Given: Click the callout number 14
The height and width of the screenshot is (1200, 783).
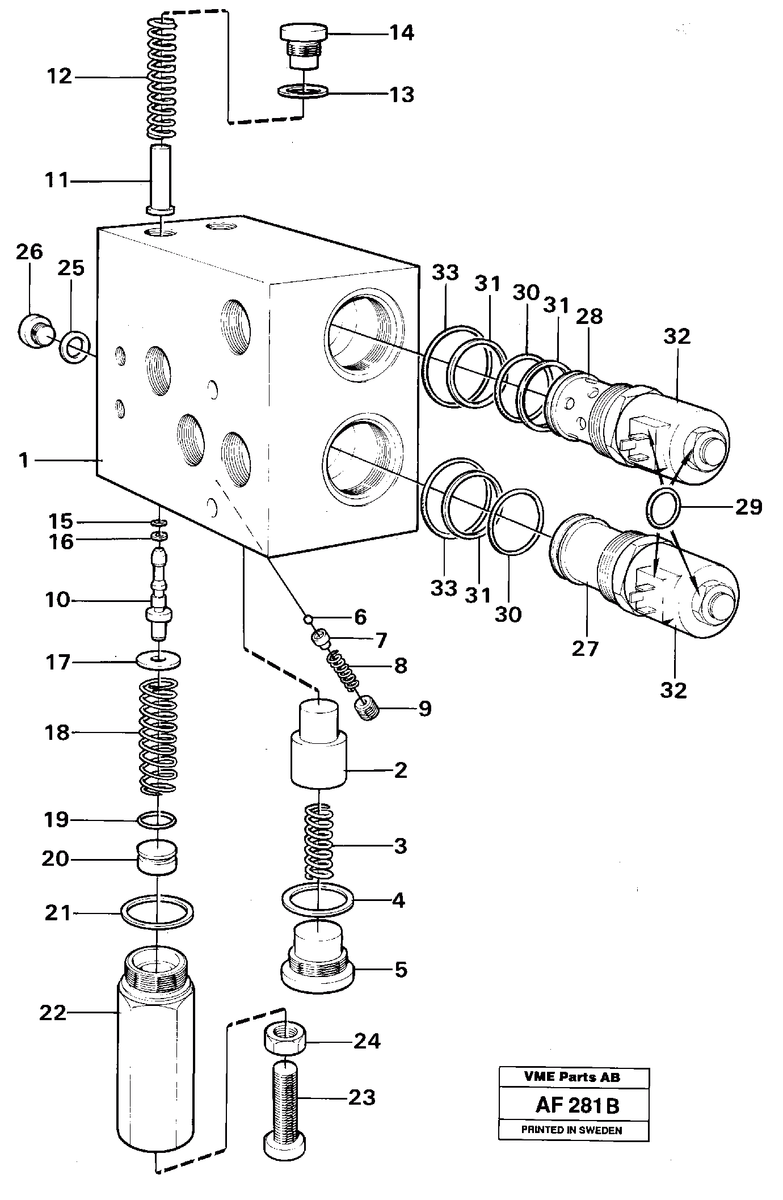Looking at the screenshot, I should [x=401, y=33].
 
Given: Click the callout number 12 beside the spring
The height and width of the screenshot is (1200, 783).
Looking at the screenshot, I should [x=59, y=76].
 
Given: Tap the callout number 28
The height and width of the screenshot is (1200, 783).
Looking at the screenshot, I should [x=589, y=317].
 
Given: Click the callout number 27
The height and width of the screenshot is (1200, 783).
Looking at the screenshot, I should [x=585, y=648].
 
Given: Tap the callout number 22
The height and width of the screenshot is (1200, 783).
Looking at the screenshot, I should [x=53, y=1013].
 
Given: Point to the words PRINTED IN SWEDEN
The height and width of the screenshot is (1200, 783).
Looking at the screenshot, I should [x=571, y=1130].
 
